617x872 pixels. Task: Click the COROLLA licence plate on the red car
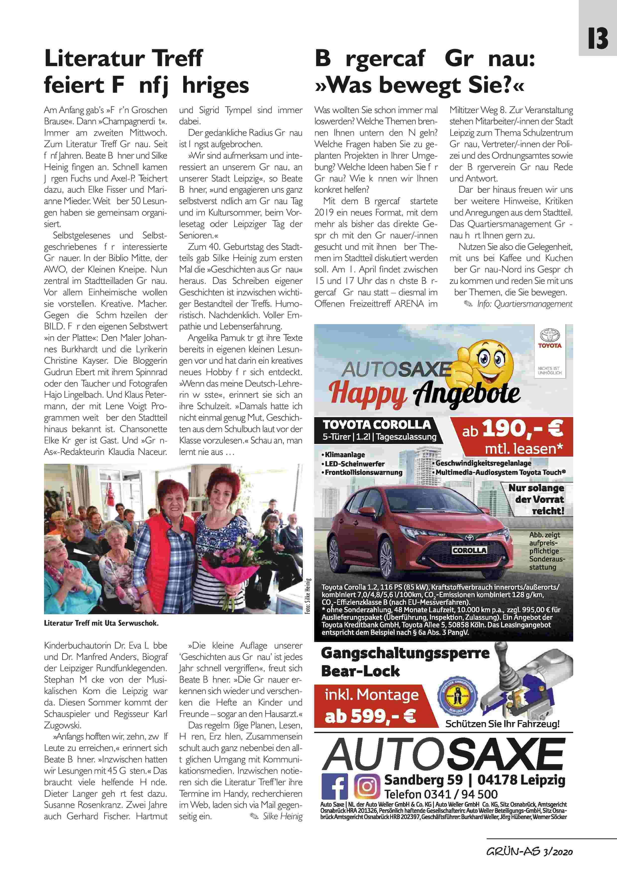pos(469,550)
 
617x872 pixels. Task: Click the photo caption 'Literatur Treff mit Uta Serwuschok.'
pos(101,623)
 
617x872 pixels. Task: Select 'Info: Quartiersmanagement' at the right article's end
pos(525,304)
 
